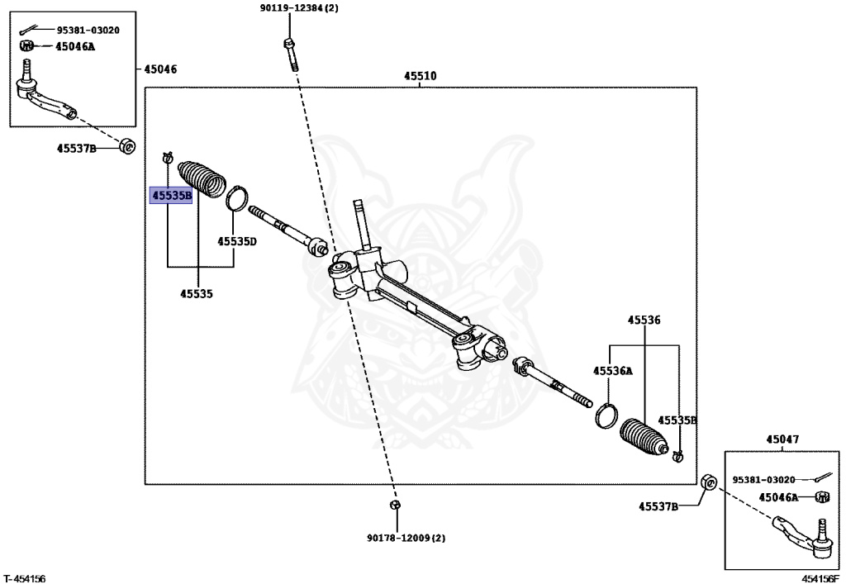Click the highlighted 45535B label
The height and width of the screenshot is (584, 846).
(x=171, y=195)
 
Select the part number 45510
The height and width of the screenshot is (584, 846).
(x=421, y=76)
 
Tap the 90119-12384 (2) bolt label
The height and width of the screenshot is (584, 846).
(x=297, y=8)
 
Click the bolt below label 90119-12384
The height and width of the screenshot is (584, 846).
(x=290, y=54)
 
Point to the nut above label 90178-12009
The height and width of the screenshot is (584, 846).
(x=395, y=505)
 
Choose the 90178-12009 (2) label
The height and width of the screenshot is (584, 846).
(x=406, y=539)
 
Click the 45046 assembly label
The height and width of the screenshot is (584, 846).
(x=160, y=69)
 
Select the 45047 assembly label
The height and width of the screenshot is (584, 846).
(x=782, y=439)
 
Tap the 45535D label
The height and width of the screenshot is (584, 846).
(x=237, y=241)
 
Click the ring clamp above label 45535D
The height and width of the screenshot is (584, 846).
(x=236, y=198)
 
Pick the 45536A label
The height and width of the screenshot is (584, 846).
(x=612, y=370)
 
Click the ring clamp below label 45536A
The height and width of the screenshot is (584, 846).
(x=606, y=415)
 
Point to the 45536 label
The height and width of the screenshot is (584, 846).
(x=644, y=320)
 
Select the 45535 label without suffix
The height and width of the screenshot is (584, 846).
(x=197, y=293)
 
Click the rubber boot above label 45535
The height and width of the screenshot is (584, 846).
(x=201, y=179)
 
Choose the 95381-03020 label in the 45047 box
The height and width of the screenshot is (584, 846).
(x=763, y=479)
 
